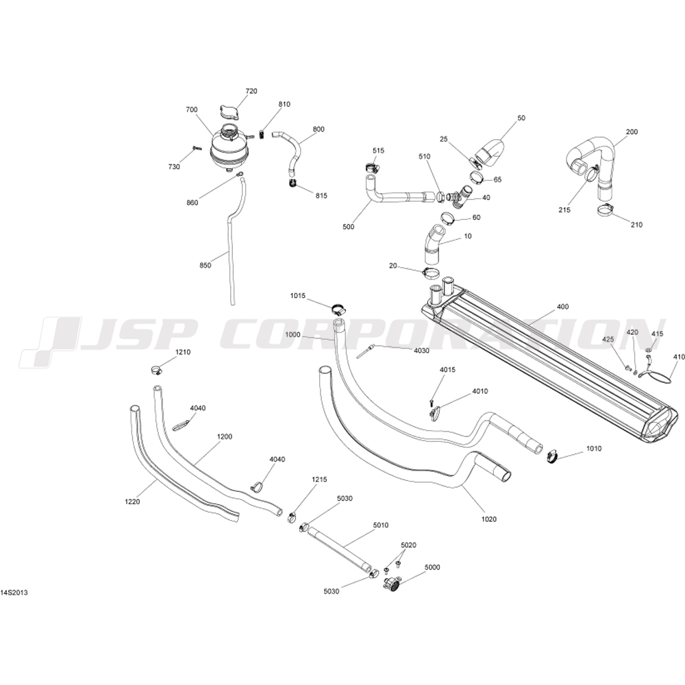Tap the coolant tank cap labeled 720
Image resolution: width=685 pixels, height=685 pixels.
(x=229, y=112)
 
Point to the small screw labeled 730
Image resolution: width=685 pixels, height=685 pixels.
(x=195, y=147)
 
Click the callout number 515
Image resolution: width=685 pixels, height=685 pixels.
(x=379, y=150)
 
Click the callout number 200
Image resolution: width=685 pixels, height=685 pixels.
(x=632, y=132)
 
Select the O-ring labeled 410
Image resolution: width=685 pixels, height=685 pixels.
(x=658, y=375)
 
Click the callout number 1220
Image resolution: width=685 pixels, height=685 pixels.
(x=133, y=502)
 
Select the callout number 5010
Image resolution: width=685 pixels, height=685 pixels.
(x=381, y=525)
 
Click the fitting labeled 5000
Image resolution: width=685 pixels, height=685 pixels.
(x=393, y=584)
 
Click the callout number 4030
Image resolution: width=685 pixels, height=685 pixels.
(x=421, y=351)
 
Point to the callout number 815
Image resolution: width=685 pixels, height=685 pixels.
(x=321, y=195)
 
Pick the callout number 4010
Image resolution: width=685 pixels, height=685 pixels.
(x=480, y=392)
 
